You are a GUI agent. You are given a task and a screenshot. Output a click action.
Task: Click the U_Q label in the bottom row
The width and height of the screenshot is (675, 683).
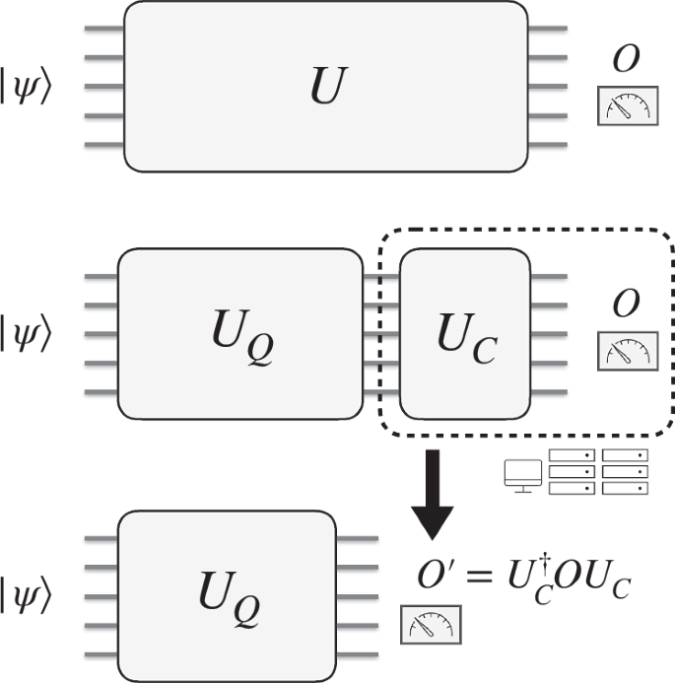click(242, 595)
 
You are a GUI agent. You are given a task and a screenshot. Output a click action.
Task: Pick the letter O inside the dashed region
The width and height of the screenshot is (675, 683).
click(624, 305)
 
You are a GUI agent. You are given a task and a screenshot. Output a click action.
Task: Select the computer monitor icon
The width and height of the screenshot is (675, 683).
click(518, 474)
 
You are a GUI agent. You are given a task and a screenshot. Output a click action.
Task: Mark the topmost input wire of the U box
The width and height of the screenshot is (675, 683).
click(103, 29)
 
